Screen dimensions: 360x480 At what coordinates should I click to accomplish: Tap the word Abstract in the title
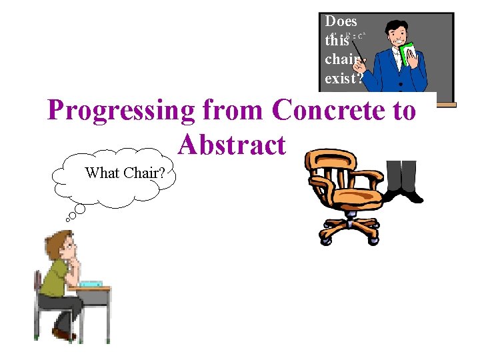[x=231, y=145]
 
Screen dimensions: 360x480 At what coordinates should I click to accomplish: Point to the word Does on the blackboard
[x=341, y=21]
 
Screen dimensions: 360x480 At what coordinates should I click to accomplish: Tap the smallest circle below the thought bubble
[x=68, y=219]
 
